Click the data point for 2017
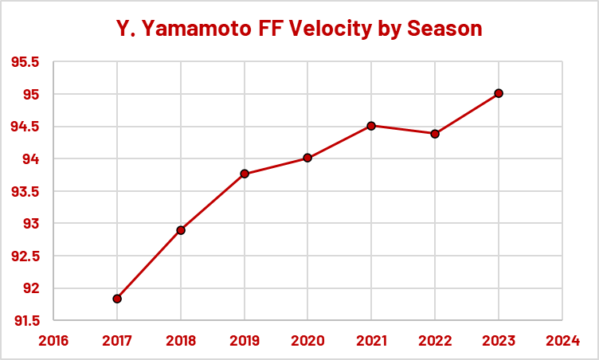[x=117, y=299]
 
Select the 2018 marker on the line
[x=181, y=230]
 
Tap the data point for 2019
[x=245, y=174]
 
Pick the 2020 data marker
[x=307, y=158]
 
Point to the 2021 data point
[x=371, y=126]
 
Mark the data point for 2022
[x=435, y=134]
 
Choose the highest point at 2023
[x=499, y=93]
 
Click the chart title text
[x=299, y=29]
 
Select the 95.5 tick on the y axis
[x=25, y=63]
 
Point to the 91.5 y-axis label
[x=25, y=321]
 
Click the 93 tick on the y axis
[x=31, y=224]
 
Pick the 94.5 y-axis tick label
[x=25, y=127]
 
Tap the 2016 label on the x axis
[x=53, y=341]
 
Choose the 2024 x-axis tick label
[x=562, y=341]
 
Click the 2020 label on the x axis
[x=307, y=341]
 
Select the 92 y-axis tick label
[x=31, y=288]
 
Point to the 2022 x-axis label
[x=435, y=341]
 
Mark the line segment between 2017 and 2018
[x=149, y=264]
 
